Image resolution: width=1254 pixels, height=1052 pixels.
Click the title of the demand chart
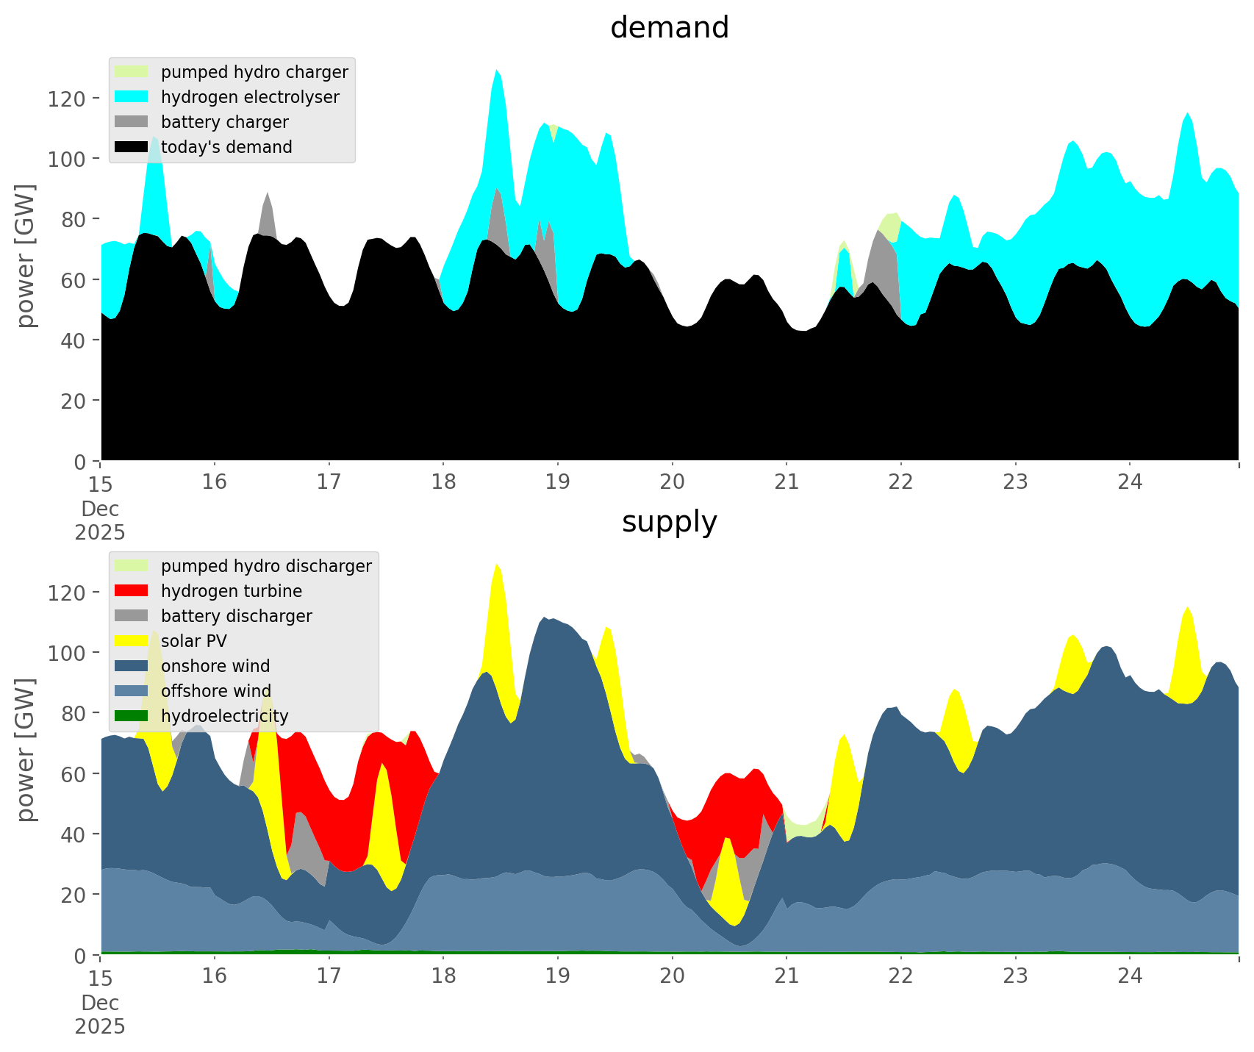click(x=669, y=28)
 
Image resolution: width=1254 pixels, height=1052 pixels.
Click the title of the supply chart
click(x=669, y=522)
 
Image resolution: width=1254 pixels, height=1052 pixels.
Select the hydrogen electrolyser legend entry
click(x=250, y=97)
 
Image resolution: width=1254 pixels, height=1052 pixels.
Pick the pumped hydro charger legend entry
click(x=254, y=72)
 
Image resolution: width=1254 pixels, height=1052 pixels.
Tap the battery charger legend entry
click(x=224, y=122)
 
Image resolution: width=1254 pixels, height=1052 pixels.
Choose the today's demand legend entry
click(x=226, y=147)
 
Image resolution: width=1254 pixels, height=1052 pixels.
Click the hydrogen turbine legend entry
click(x=232, y=591)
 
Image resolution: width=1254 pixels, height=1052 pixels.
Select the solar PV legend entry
click(x=194, y=641)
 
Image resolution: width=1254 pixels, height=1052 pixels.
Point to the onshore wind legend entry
click(x=215, y=666)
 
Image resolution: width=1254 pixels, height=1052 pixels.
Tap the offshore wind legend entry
click(x=216, y=691)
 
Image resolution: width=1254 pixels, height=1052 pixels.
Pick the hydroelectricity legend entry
click(x=224, y=716)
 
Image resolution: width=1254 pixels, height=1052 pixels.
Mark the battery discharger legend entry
click(x=236, y=616)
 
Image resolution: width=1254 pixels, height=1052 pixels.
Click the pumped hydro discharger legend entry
click(x=266, y=566)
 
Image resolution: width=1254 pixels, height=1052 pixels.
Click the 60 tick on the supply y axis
click(x=74, y=774)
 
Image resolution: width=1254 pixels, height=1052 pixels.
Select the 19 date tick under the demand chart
click(x=558, y=482)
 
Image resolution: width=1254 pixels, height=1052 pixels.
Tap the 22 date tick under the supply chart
click(x=900, y=976)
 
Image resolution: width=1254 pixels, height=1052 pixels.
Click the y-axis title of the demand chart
click(x=26, y=256)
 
